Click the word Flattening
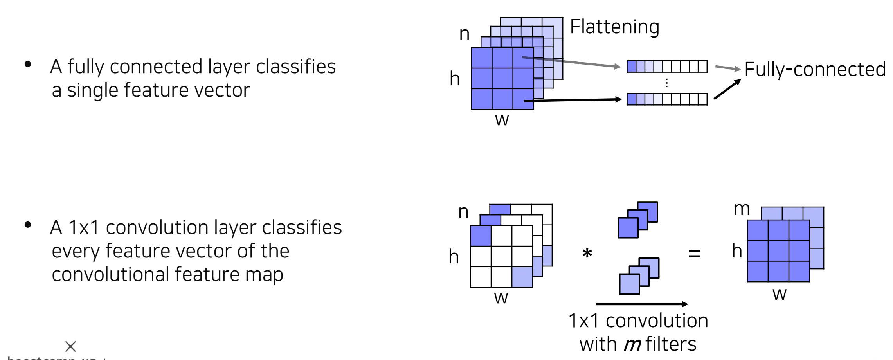pos(614,27)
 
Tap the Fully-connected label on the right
pos(815,69)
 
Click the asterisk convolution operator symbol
pos(587,253)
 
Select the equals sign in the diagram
pos(694,254)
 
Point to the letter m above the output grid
pos(742,209)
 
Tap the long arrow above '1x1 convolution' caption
pos(642,304)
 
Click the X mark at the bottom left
pos(70,346)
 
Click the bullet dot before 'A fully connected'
pos(28,64)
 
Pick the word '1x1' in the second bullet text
pos(84,227)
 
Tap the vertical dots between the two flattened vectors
pos(666,83)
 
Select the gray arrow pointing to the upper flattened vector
pos(571,62)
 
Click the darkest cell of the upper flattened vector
pos(631,67)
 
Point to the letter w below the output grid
pos(779,294)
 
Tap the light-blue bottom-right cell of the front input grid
pos(522,277)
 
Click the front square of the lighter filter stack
pos(629,284)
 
